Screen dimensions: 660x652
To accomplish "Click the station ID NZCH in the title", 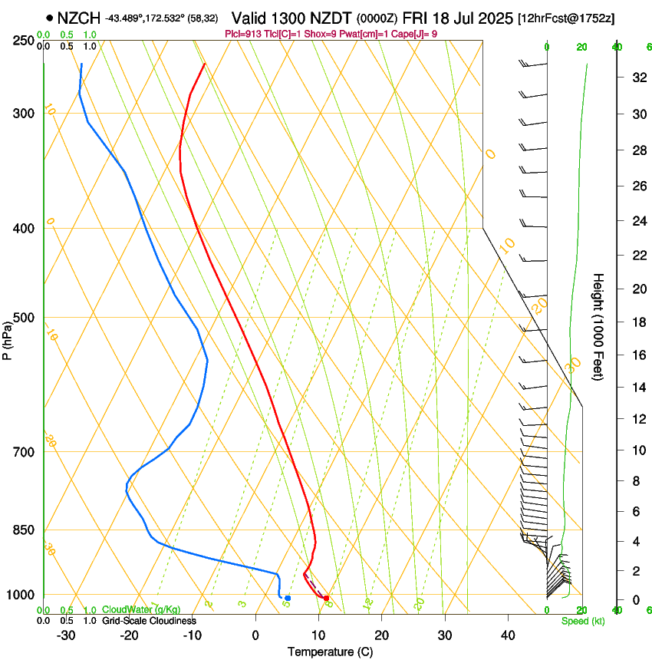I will click(x=78, y=18).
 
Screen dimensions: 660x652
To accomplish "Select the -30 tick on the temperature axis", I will click(x=66, y=635).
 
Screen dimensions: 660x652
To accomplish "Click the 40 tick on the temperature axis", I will click(x=508, y=635).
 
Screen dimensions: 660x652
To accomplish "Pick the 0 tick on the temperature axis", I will click(x=255, y=635).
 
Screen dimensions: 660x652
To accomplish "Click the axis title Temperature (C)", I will click(x=330, y=652).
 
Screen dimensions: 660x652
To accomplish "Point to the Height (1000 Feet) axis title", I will click(x=598, y=327).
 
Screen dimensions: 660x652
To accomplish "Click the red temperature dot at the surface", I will click(x=326, y=598).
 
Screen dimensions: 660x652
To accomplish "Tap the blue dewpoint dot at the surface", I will click(x=288, y=598).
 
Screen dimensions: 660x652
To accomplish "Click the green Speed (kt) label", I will click(x=582, y=621).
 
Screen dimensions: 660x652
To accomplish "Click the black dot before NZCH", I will click(x=50, y=18).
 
